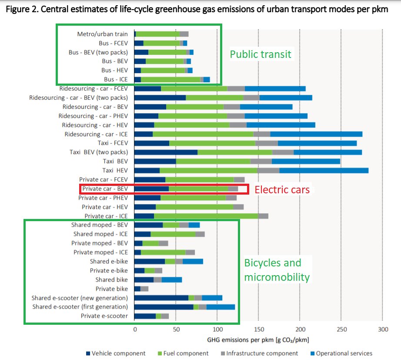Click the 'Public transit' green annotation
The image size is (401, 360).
(x=261, y=54)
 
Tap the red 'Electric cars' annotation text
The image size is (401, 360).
(x=282, y=190)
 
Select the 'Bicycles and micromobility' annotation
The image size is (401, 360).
(x=273, y=270)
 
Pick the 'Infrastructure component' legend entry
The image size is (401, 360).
(x=259, y=353)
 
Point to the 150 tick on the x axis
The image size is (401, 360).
(x=259, y=329)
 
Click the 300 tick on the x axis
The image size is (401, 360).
(x=382, y=329)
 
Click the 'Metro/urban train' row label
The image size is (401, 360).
(x=103, y=34)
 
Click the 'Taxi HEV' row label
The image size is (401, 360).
(x=115, y=170)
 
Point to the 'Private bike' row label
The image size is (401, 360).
(x=112, y=289)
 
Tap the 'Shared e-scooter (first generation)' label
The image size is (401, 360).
(x=80, y=307)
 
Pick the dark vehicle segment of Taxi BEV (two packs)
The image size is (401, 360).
(x=166, y=152)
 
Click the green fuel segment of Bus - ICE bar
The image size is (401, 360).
(x=170, y=79)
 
